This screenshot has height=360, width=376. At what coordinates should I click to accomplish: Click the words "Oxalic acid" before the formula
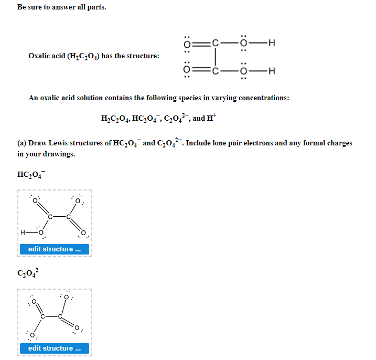[46, 56]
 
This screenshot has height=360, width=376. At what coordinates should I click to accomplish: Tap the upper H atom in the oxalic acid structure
[271, 43]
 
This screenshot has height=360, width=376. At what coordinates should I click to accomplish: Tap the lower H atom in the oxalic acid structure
[271, 72]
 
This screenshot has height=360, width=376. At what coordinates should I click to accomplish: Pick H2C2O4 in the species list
[115, 119]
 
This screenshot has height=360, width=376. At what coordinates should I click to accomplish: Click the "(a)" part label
[22, 143]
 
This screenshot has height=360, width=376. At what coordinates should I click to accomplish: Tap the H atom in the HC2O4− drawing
[22, 232]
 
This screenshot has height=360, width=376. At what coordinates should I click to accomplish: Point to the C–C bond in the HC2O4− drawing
[59, 217]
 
